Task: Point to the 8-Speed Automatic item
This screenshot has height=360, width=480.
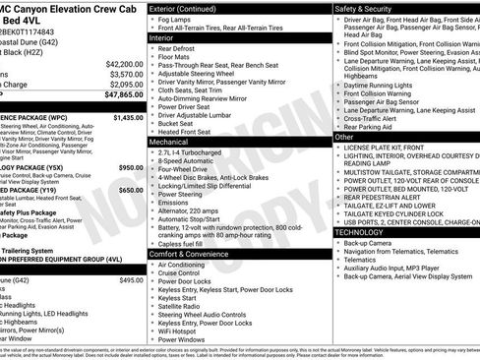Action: [x=191, y=162]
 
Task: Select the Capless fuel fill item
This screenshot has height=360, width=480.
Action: [x=188, y=243]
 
